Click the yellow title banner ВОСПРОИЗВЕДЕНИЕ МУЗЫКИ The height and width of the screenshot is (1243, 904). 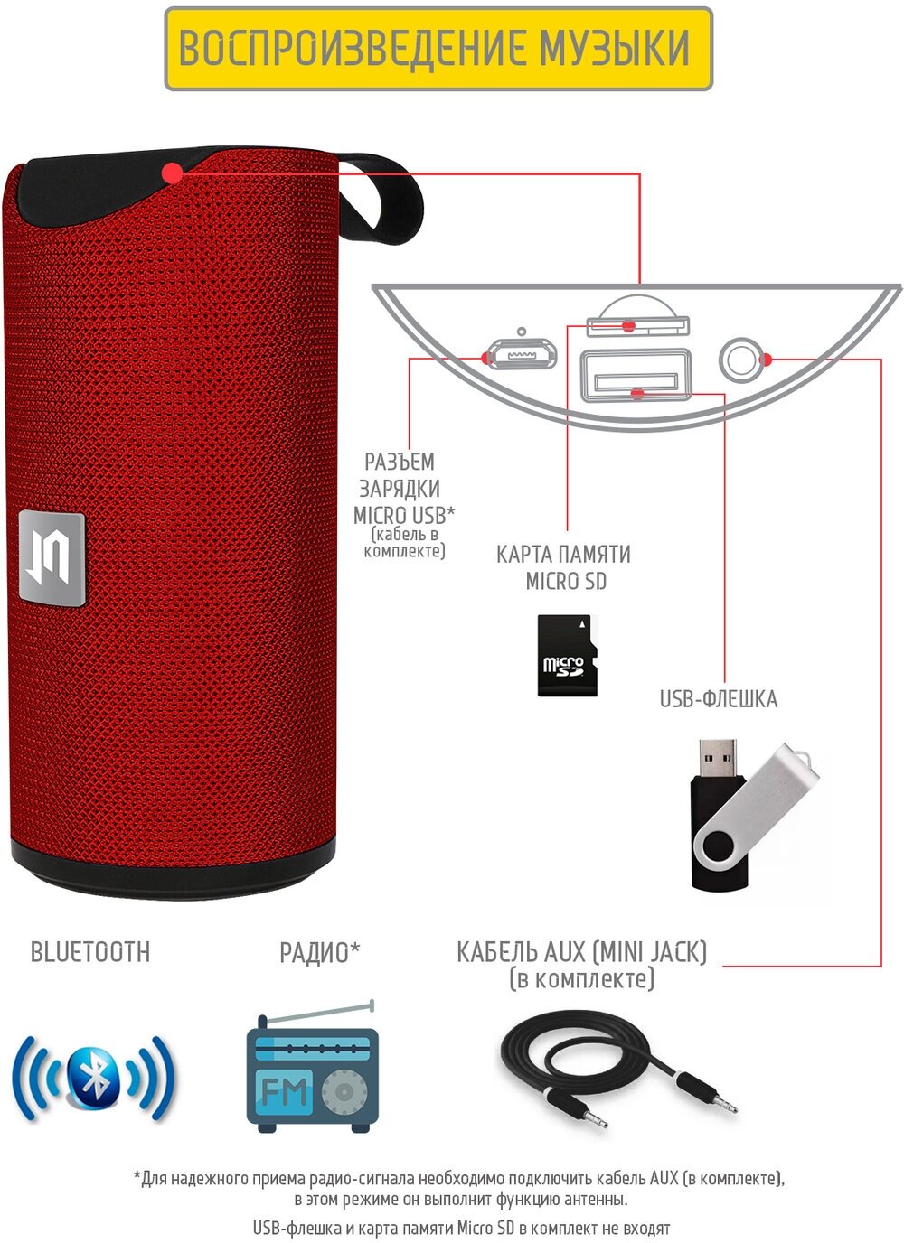pyautogui.click(x=438, y=49)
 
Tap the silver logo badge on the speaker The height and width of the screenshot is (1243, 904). pyautogui.click(x=52, y=557)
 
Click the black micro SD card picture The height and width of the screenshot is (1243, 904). pyautogui.click(x=567, y=655)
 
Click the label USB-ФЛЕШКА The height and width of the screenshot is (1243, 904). pyautogui.click(x=718, y=698)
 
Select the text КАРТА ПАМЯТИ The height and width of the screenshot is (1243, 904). pyautogui.click(x=563, y=554)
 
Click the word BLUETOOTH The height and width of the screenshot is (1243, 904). pyautogui.click(x=90, y=952)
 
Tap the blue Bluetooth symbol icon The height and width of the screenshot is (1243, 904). pyautogui.click(x=93, y=1077)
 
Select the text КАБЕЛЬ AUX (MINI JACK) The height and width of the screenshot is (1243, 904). pyautogui.click(x=581, y=951)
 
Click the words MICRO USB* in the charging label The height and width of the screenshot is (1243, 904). pyautogui.click(x=403, y=515)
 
